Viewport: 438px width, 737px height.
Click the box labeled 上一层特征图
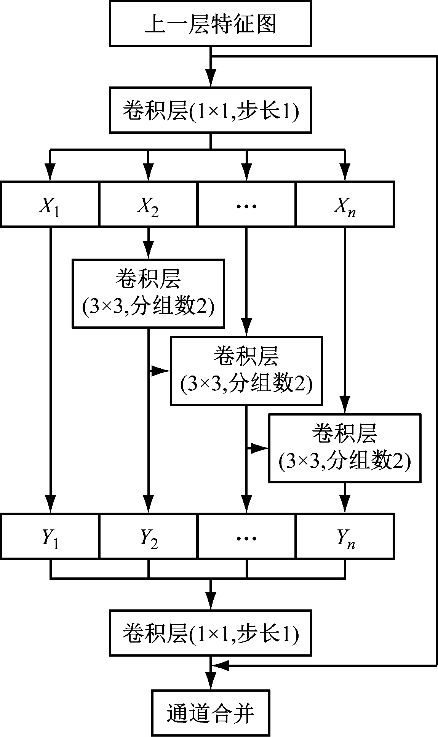pyautogui.click(x=210, y=24)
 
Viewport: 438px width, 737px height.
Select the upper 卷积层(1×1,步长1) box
pyautogui.click(x=210, y=110)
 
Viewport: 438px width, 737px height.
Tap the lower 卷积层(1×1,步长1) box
pyautogui.click(x=210, y=633)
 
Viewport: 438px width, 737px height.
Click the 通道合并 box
pyautogui.click(x=210, y=712)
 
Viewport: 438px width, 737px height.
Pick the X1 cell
pyautogui.click(x=50, y=205)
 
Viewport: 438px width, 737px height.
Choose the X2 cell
pyautogui.click(x=148, y=205)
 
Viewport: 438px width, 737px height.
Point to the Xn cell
pyautogui.click(x=345, y=205)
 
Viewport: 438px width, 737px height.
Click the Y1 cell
pyautogui.click(x=50, y=536)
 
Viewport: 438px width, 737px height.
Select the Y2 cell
pyautogui.click(x=148, y=536)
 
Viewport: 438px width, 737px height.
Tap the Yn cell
pyautogui.click(x=345, y=536)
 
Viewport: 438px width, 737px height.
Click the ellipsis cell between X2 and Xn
pyautogui.click(x=246, y=205)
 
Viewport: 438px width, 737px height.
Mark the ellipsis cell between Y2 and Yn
pyautogui.click(x=246, y=536)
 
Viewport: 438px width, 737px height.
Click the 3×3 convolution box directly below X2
pyautogui.click(x=148, y=293)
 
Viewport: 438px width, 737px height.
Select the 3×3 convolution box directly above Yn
pyautogui.click(x=345, y=448)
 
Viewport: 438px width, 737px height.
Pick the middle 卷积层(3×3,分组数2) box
pyautogui.click(x=246, y=371)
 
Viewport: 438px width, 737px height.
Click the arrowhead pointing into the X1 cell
pyautogui.click(x=50, y=173)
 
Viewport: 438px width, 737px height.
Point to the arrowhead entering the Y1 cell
pyautogui.click(x=50, y=505)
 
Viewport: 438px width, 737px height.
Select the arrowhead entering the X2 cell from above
pyautogui.click(x=148, y=173)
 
